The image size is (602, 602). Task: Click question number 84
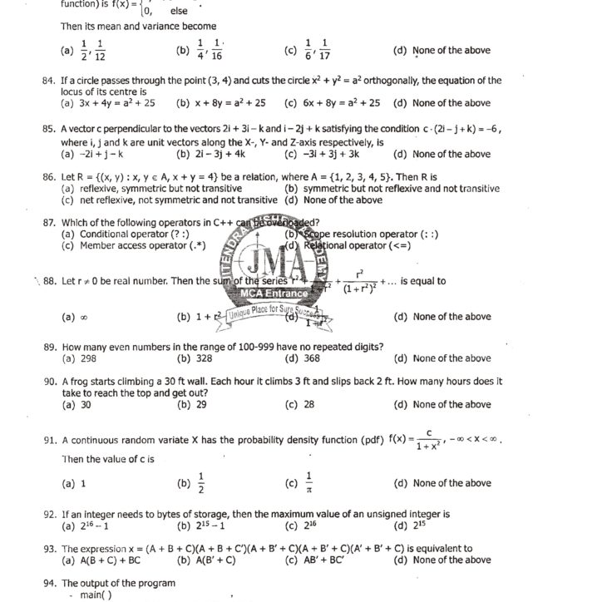(48, 81)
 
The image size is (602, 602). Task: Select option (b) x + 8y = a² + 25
(221, 104)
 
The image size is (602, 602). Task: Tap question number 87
(48, 223)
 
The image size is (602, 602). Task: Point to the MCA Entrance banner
(273, 294)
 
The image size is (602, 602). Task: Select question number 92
(48, 515)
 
